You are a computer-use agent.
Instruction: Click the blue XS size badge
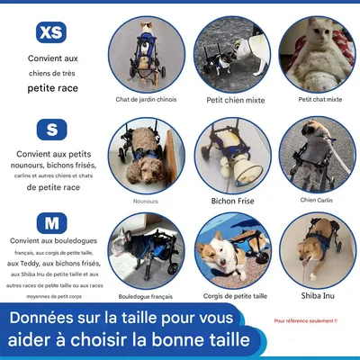pyautogui.click(x=50, y=32)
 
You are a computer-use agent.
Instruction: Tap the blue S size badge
pyautogui.click(x=50, y=129)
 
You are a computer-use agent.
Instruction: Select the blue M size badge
pyautogui.click(x=50, y=222)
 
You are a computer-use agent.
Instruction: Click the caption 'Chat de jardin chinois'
pyautogui.click(x=144, y=99)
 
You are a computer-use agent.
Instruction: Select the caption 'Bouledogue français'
pyautogui.click(x=144, y=294)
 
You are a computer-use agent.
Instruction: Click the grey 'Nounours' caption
pyautogui.click(x=144, y=201)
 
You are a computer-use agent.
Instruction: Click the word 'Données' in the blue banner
pyautogui.click(x=49, y=319)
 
